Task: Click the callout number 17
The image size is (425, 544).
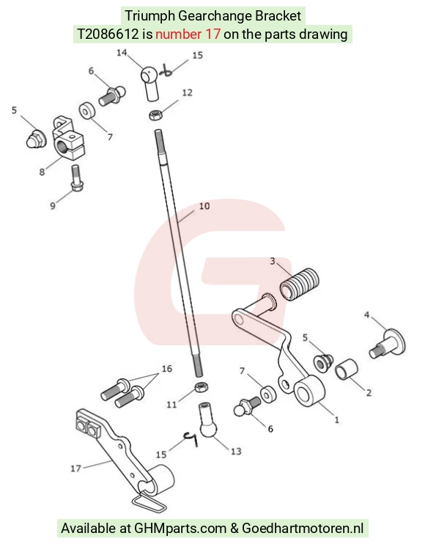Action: [x=75, y=468]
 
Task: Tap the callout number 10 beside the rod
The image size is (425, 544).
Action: [x=204, y=206]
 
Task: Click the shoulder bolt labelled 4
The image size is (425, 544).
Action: [x=387, y=344]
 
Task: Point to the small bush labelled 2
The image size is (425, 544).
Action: [x=347, y=370]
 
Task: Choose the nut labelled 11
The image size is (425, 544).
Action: [x=201, y=387]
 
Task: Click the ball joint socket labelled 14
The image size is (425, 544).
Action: [x=150, y=84]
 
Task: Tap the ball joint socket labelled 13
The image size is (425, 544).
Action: [x=208, y=420]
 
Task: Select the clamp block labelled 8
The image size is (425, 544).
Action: [x=69, y=138]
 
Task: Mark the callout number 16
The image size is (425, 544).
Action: [x=167, y=369]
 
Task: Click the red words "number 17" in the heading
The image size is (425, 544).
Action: [x=188, y=34]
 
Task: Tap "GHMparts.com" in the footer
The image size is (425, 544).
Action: [x=180, y=529]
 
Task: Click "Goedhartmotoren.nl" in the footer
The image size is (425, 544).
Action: [x=303, y=529]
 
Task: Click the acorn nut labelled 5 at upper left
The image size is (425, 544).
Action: [x=37, y=138]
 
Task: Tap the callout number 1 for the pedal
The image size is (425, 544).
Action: [x=336, y=420]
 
